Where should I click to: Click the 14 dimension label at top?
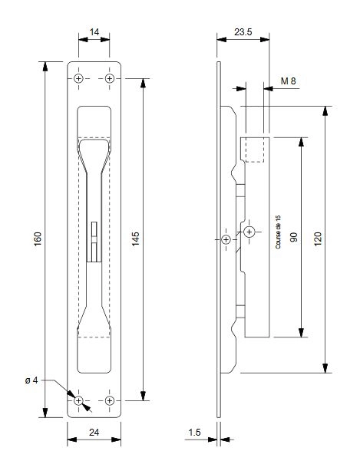[94, 32]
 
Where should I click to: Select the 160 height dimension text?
[38, 239]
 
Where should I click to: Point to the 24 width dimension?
[94, 433]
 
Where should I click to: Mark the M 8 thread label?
[289, 81]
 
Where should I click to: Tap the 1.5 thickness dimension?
[196, 433]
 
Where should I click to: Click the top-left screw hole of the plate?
[79, 79]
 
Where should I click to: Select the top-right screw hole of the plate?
[110, 79]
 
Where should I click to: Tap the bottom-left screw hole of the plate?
[79, 400]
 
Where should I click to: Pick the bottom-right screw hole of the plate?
[110, 400]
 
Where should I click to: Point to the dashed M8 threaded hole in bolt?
[256, 150]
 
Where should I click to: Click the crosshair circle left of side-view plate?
[226, 239]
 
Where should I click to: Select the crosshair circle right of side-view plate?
[250, 231]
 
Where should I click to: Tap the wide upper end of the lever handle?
[94, 150]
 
